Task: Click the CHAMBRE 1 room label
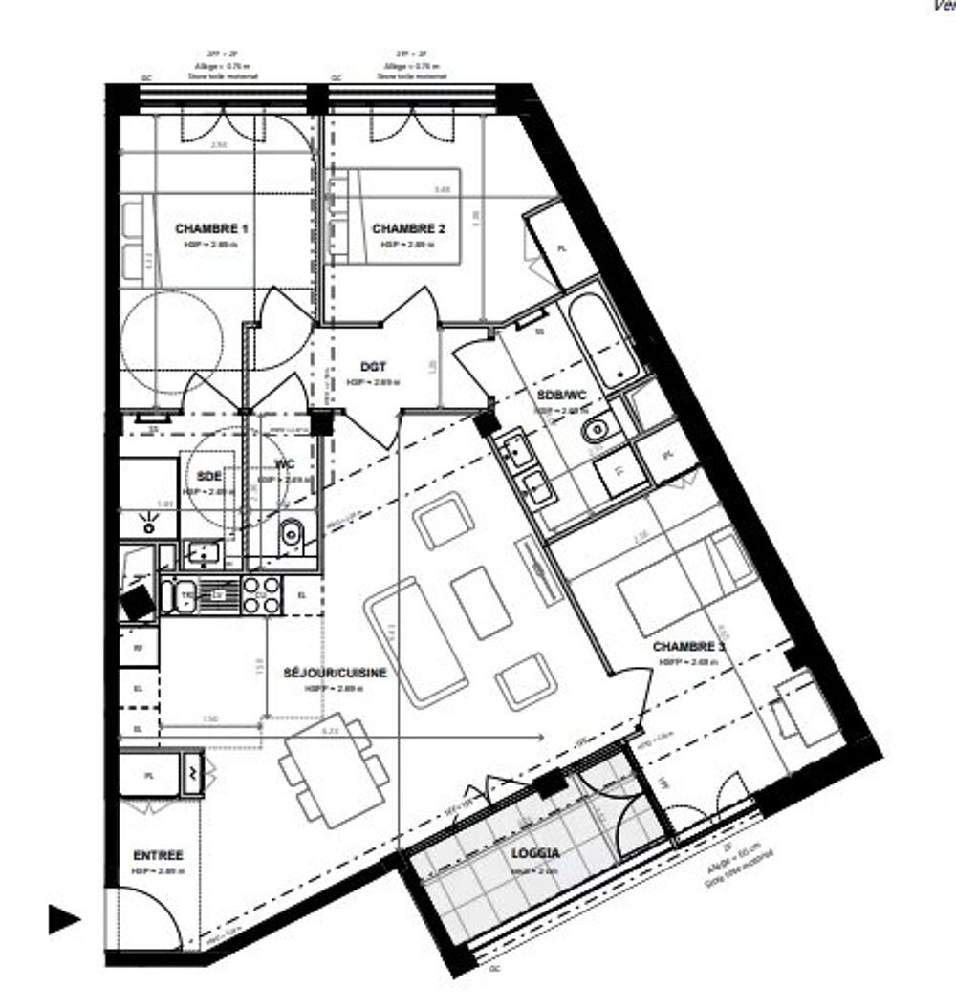coord(211,229)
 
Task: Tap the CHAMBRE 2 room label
coord(408,229)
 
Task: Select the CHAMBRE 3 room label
coord(688,647)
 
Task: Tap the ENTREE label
coord(158,856)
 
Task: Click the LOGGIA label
coord(536,854)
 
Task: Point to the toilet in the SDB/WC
coord(597,429)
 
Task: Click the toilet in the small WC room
coord(292,534)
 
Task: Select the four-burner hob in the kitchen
coord(262,595)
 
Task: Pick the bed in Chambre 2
coord(406,215)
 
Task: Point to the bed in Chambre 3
coord(669,583)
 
